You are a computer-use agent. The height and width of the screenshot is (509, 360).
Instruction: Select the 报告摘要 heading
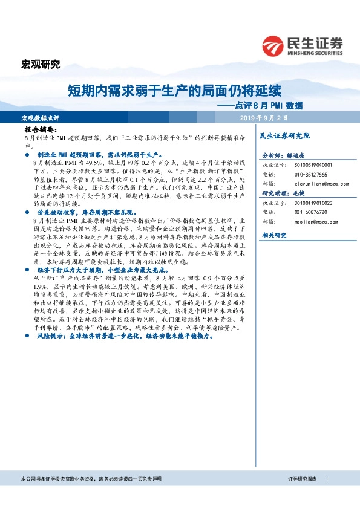[x=41, y=131]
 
